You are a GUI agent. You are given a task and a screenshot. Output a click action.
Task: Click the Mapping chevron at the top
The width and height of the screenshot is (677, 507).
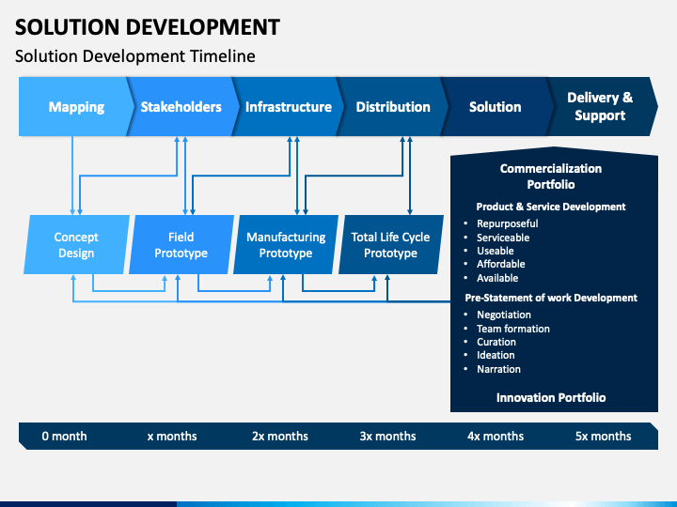point(74,106)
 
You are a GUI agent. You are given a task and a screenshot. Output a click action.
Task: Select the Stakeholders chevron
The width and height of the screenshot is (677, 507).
point(182,106)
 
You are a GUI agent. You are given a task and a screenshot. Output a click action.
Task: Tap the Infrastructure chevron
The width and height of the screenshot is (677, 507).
point(288,106)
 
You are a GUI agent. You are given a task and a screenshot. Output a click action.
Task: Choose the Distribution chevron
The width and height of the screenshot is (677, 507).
point(393,106)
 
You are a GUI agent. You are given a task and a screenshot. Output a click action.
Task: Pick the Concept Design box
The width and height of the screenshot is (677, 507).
point(76,244)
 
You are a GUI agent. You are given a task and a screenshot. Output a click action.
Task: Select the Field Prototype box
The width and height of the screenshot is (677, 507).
point(181,244)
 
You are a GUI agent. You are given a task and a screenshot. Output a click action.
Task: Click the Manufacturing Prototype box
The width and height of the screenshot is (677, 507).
point(286,244)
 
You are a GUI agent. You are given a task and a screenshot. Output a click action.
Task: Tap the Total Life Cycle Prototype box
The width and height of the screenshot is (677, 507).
point(391,244)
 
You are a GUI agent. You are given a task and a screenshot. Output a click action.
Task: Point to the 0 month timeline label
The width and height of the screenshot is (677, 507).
point(64,437)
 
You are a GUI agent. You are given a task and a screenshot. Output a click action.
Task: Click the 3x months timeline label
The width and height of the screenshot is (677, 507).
point(387,437)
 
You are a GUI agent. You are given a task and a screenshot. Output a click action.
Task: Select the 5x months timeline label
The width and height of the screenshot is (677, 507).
point(603,437)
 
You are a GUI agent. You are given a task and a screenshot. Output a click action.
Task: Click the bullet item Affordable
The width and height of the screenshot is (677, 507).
point(501,264)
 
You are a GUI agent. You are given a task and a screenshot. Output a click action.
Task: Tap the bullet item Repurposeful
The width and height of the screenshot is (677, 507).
point(508,223)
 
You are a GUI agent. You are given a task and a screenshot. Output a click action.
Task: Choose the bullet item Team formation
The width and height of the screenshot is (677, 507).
point(513,329)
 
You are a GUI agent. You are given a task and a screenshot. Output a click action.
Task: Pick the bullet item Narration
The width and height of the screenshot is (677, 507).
point(498,369)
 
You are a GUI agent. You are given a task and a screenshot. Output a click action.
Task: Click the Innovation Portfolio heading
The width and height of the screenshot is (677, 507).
point(551,397)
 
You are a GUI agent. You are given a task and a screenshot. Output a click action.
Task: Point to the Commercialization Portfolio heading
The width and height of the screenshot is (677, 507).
point(551,177)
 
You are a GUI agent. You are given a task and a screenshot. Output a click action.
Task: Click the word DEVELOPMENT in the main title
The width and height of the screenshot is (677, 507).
point(203,27)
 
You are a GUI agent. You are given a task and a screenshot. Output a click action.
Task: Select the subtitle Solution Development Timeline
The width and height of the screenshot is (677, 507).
point(135,56)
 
